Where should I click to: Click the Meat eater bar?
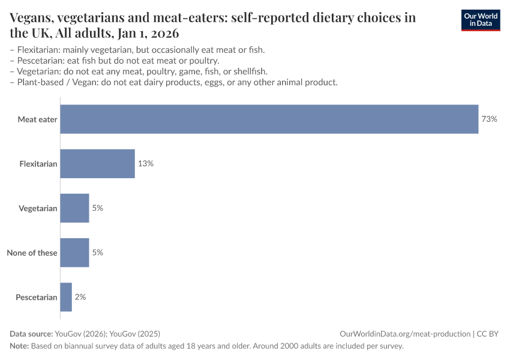(269, 119)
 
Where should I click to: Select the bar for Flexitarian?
(98, 164)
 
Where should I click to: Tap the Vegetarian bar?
(75, 208)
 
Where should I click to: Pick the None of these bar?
(75, 253)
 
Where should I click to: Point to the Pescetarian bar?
(66, 297)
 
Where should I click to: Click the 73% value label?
(489, 119)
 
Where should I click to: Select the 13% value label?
(146, 164)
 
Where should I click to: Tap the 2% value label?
(80, 297)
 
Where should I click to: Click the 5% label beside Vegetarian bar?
(98, 208)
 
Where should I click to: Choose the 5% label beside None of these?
(98, 253)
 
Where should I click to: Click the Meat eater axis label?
(37, 119)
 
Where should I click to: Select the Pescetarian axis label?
(37, 297)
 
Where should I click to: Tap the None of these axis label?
(32, 253)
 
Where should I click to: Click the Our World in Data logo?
(480, 20)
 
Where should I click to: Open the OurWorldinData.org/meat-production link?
(404, 334)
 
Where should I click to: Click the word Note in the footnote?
(19, 346)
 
